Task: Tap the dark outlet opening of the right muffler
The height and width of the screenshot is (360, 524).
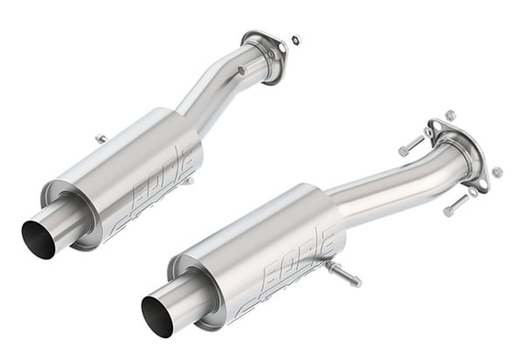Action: tap(158, 315)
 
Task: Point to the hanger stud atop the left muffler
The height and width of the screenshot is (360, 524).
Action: tap(101, 139)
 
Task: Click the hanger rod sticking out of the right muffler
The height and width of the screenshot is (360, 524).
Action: tap(344, 274)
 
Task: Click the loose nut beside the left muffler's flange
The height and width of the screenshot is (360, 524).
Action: tap(296, 39)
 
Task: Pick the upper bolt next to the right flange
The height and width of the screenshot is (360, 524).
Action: tap(410, 146)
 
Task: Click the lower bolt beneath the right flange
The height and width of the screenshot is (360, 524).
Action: tap(455, 206)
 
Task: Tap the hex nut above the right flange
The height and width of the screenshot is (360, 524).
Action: tap(450, 115)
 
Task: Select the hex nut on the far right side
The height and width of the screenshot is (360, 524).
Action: tap(496, 172)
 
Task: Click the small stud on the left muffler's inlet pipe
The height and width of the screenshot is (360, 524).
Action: tap(240, 70)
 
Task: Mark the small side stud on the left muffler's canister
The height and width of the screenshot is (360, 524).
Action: tap(187, 181)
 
